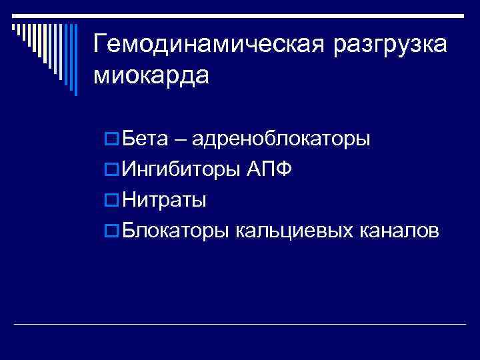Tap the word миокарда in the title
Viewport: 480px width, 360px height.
[x=151, y=75]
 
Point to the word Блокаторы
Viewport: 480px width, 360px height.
[x=177, y=231]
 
